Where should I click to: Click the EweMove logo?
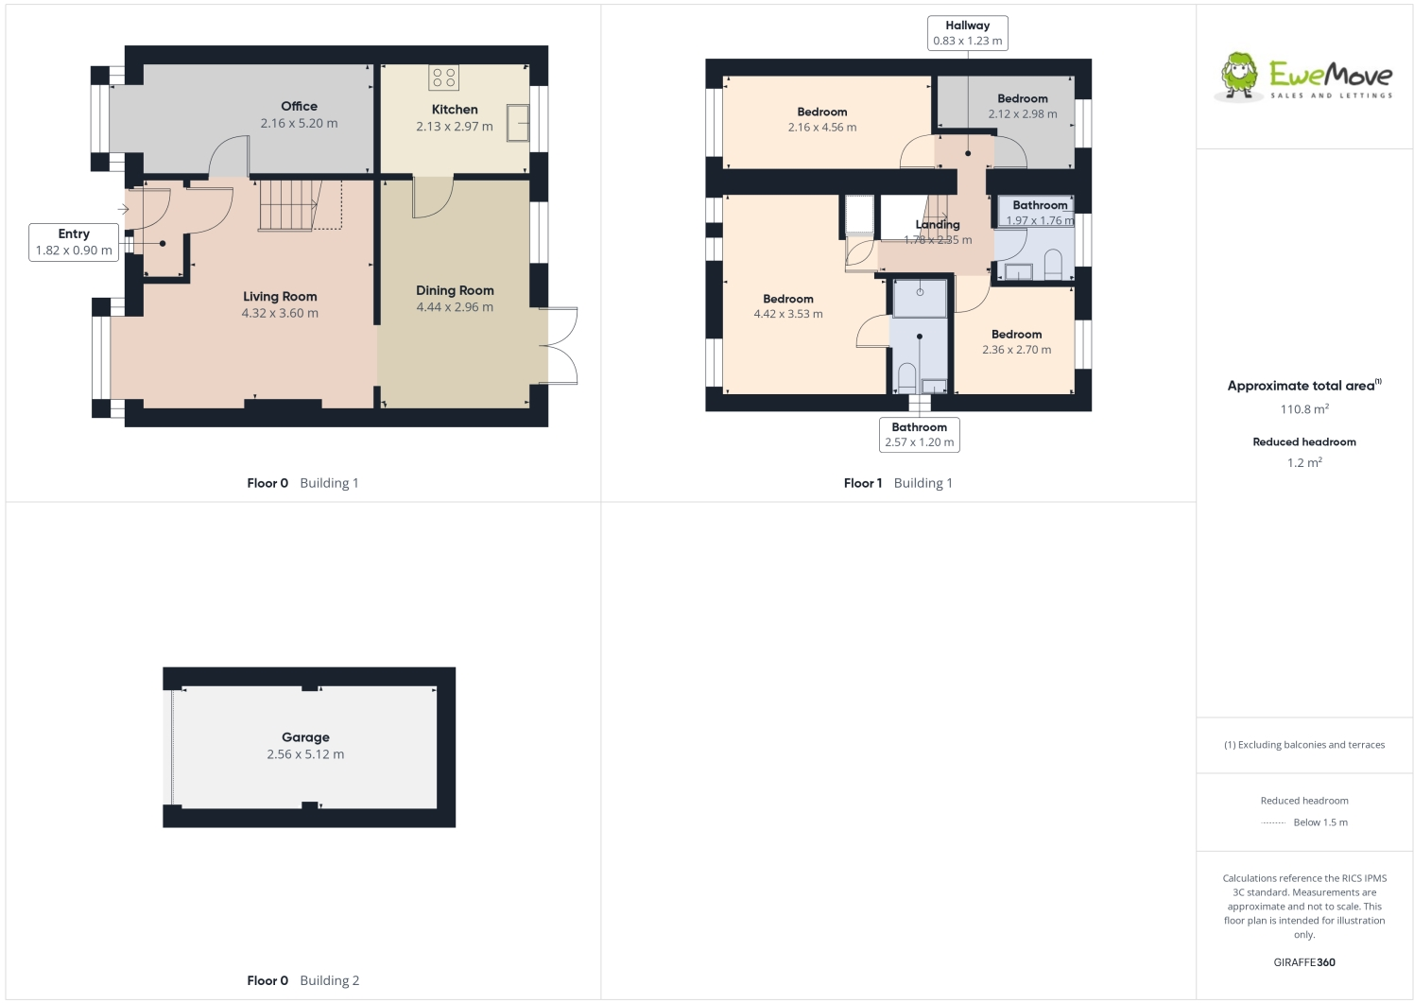(1303, 77)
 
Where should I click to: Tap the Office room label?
(299, 107)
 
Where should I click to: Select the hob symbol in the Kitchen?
(443, 78)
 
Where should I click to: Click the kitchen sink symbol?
(518, 123)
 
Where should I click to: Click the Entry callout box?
(74, 242)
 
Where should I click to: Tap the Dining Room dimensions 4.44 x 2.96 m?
(455, 307)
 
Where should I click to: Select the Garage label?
(305, 737)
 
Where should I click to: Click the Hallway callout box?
(967, 33)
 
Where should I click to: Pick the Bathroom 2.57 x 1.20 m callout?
(919, 435)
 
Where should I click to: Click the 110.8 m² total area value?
(1304, 409)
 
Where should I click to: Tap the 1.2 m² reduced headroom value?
(1304, 463)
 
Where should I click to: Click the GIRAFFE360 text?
(1304, 962)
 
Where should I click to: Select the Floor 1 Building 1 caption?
(898, 483)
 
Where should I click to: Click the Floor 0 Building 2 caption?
(302, 980)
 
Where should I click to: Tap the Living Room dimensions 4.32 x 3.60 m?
(280, 314)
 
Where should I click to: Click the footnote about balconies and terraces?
(1304, 745)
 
